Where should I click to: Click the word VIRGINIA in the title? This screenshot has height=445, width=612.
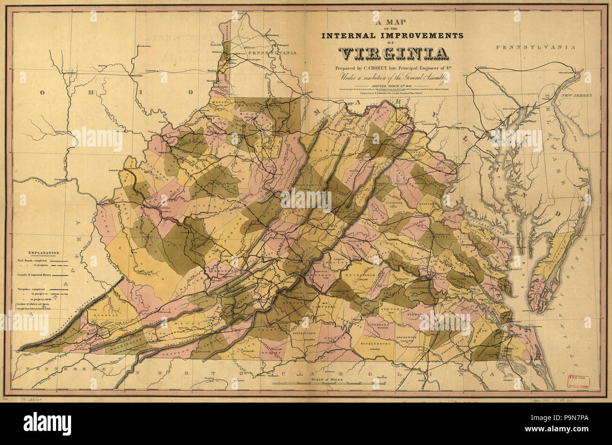click(393, 54)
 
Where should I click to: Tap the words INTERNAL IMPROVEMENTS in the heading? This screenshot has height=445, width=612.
click(392, 35)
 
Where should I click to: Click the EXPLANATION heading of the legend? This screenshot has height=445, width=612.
click(44, 253)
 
